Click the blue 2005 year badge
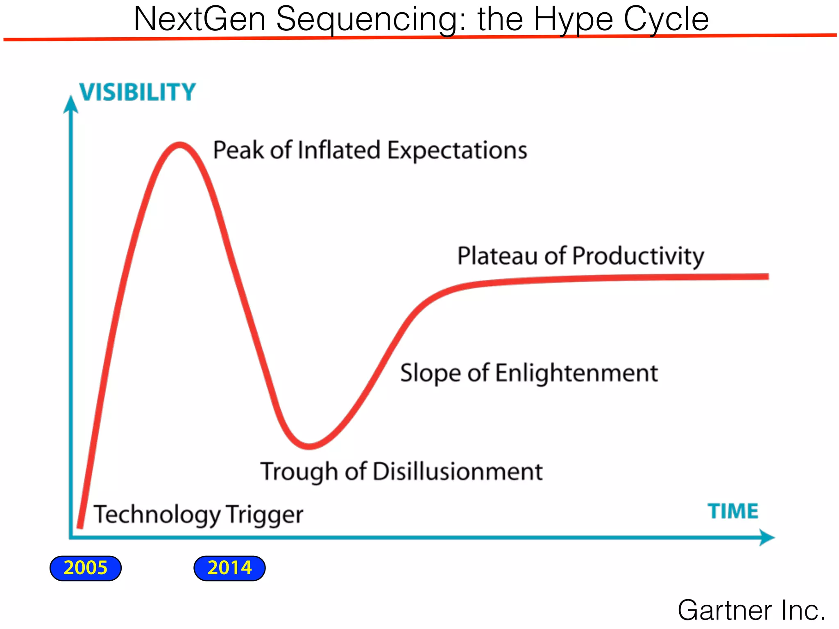click(x=85, y=568)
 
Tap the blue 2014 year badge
click(x=229, y=568)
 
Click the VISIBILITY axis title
click(x=138, y=92)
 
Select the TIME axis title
click(x=733, y=511)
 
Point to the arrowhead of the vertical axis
click(x=71, y=104)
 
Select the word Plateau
click(x=497, y=256)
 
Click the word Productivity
click(x=638, y=256)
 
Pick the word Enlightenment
click(x=576, y=373)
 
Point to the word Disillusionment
click(x=458, y=471)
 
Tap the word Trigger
click(x=265, y=515)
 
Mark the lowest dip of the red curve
click(x=309, y=446)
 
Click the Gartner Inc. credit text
click(x=751, y=610)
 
